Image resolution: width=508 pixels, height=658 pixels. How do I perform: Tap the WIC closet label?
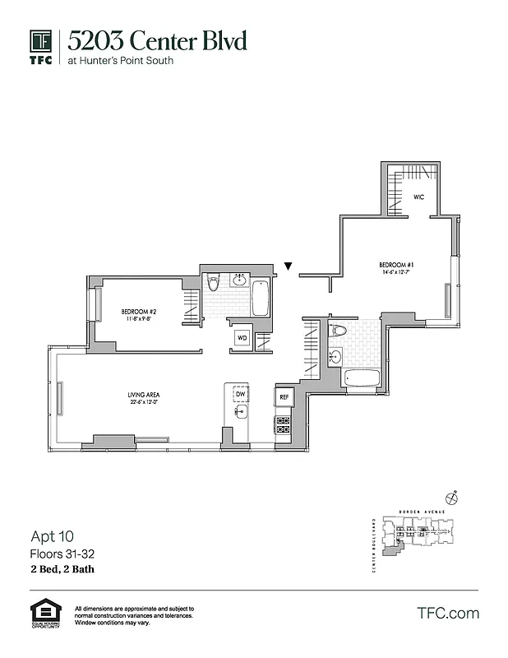[418, 197]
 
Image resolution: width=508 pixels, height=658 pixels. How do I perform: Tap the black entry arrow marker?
[288, 266]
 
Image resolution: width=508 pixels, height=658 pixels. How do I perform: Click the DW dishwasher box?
[240, 395]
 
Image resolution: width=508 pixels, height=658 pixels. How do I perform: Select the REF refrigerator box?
[284, 397]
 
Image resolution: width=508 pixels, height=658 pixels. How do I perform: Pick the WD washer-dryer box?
[242, 337]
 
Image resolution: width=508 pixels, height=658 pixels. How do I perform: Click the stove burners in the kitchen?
[284, 424]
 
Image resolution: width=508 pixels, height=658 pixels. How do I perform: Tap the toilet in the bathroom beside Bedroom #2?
[214, 284]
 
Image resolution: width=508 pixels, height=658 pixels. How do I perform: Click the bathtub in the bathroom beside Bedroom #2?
[261, 299]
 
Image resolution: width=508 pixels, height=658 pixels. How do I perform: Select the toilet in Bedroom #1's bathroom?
[338, 331]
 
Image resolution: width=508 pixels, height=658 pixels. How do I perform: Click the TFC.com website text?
[448, 613]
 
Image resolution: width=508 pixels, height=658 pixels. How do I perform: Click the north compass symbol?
[451, 498]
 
